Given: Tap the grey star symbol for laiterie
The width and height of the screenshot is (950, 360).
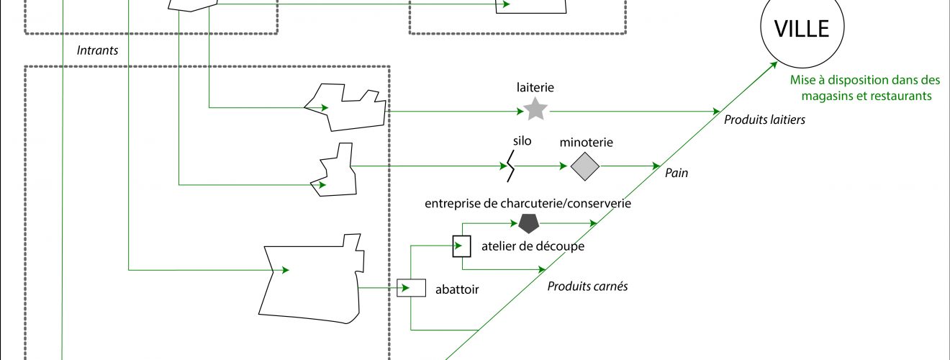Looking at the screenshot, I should (x=535, y=109).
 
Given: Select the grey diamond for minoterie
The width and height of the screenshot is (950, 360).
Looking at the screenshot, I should (x=585, y=166).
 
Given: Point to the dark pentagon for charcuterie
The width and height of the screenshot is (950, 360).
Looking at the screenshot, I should (x=529, y=223).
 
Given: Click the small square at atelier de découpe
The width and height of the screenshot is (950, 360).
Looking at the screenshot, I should (x=461, y=246).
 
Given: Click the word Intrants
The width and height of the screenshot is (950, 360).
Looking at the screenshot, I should (x=97, y=51).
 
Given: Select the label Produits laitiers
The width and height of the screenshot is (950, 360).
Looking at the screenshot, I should (x=764, y=120).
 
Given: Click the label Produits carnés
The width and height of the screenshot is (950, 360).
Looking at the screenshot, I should (x=587, y=287).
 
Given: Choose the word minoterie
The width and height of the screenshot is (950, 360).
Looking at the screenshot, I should (x=586, y=143).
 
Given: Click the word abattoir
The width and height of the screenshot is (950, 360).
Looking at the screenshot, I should (x=457, y=290).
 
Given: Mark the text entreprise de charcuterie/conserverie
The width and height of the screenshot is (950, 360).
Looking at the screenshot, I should (x=528, y=204).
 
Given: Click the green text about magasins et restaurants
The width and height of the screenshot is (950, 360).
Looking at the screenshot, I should (x=865, y=89).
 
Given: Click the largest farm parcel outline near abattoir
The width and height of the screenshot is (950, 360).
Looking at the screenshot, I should (x=309, y=281).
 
